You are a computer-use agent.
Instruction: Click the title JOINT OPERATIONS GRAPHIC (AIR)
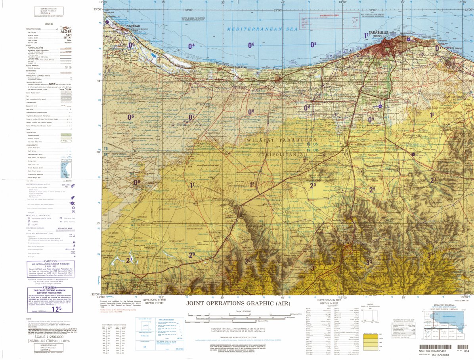238,304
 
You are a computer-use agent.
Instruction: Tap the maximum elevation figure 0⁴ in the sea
191,46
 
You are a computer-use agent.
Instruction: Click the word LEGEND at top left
49,24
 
